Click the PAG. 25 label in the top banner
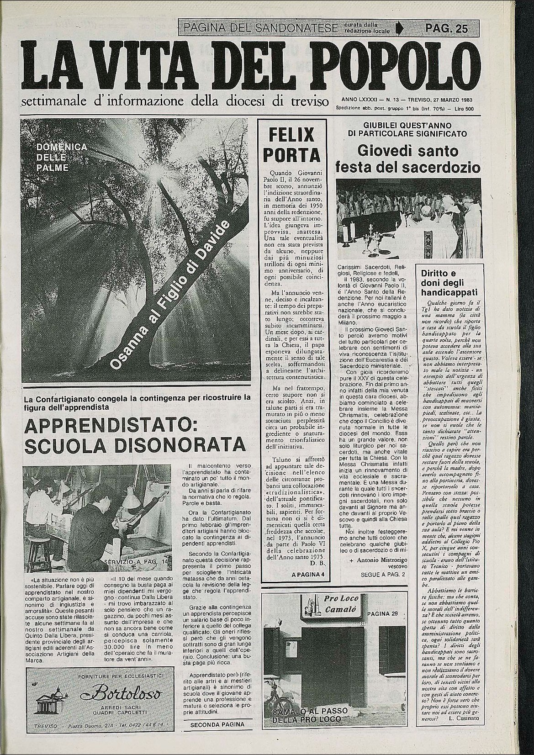(x=446, y=29)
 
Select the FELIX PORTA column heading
(x=291, y=145)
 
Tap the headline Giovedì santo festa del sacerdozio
(x=408, y=158)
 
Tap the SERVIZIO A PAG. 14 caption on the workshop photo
(x=136, y=560)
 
